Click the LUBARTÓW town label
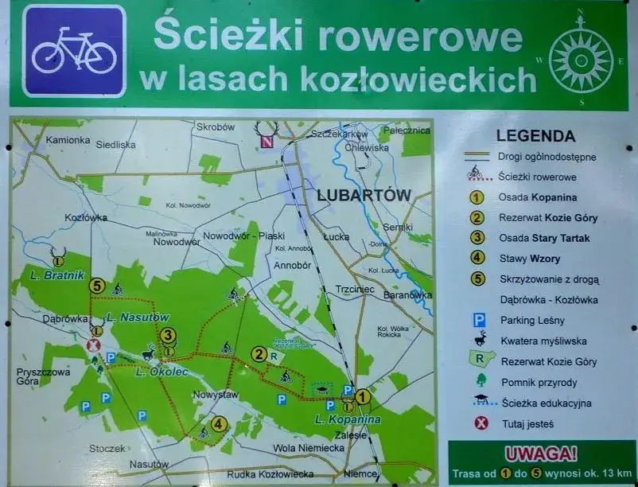[x=363, y=195]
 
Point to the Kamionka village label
[x=68, y=140]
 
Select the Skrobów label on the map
[x=215, y=127]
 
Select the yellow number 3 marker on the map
[x=167, y=336]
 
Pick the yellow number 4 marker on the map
[x=218, y=424]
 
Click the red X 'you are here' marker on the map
[x=93, y=345]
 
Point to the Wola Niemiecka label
[x=308, y=448]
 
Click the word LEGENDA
[x=535, y=136]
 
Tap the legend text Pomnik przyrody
[x=539, y=382]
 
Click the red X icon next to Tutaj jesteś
[x=480, y=423]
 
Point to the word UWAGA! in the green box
[x=543, y=454]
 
